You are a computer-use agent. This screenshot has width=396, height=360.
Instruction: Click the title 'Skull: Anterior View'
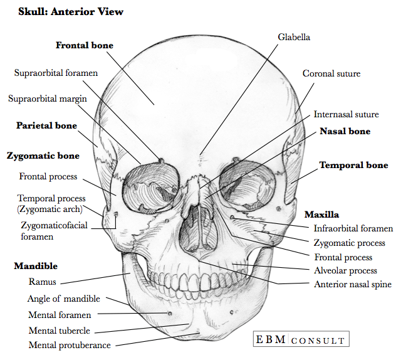click(71, 12)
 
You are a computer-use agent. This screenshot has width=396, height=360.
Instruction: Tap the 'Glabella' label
click(294, 37)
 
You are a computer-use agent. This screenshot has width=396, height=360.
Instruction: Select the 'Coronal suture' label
click(331, 74)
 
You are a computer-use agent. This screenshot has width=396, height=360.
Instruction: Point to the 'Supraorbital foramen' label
click(56, 73)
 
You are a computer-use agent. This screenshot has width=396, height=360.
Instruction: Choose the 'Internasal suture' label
click(346, 115)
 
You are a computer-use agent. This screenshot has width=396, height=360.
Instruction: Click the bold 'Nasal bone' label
click(345, 132)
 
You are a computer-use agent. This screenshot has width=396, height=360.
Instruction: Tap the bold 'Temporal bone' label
click(353, 166)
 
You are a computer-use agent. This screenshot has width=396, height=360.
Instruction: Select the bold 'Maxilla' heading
click(321, 214)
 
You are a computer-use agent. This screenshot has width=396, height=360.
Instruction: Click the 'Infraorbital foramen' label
click(349, 229)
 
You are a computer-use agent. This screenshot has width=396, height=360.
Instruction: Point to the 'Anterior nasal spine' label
click(352, 284)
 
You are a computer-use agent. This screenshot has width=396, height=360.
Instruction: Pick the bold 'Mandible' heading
click(36, 267)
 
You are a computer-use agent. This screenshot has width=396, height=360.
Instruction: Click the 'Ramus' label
click(43, 282)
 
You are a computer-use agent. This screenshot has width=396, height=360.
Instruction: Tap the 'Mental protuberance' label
click(70, 345)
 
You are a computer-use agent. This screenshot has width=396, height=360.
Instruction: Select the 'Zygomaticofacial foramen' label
click(55, 231)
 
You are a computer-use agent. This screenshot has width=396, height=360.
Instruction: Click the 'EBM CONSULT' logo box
click(300, 340)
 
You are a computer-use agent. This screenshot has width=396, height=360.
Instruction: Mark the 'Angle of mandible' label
click(63, 299)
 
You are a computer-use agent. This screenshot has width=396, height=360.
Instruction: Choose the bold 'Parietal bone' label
click(46, 126)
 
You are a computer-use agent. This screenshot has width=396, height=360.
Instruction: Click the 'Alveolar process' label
click(345, 270)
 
